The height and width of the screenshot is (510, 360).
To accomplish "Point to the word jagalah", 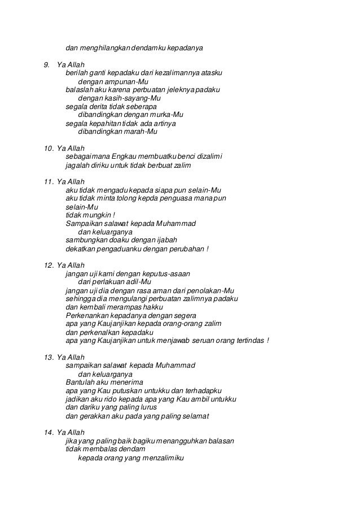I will coord(78,165).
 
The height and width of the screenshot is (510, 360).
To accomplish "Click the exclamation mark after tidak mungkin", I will coord(113,215).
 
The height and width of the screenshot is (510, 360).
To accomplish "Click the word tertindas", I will coord(248,340).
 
